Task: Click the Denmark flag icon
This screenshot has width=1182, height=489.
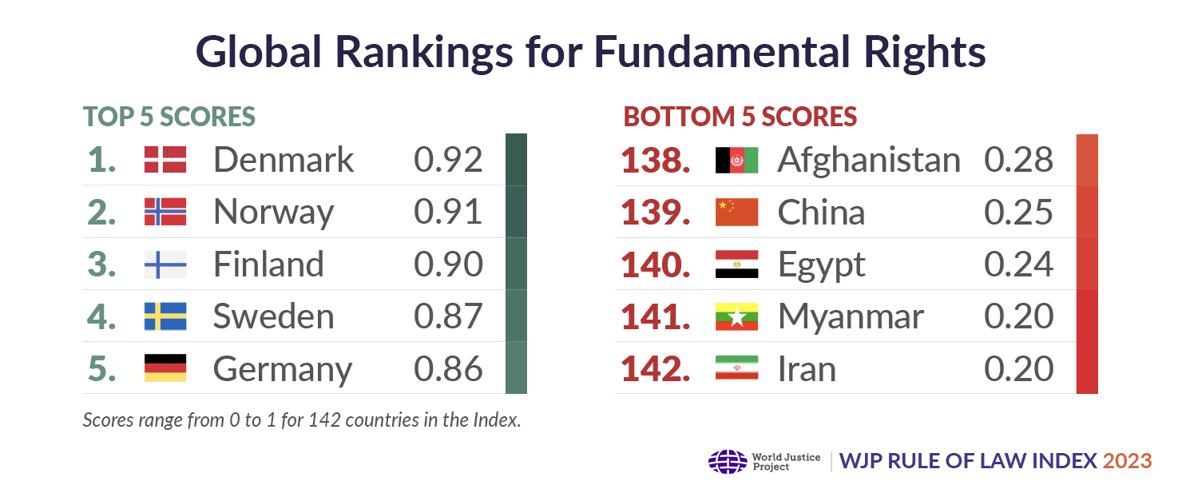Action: (x=165, y=160)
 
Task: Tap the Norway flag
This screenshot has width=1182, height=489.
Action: (x=165, y=212)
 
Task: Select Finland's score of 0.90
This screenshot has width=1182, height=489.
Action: (x=448, y=264)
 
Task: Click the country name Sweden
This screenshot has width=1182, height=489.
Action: (x=273, y=317)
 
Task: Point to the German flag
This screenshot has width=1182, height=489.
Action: (x=165, y=368)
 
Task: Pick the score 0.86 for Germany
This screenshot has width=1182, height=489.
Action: (x=448, y=369)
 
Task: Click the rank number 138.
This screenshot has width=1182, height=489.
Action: (x=656, y=161)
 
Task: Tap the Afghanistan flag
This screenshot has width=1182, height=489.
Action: (x=736, y=160)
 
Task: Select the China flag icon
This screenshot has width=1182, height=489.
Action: (x=736, y=212)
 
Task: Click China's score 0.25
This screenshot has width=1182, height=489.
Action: (x=1018, y=213)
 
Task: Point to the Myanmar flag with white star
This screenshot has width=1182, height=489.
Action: (x=736, y=317)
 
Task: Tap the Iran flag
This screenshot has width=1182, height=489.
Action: (x=736, y=368)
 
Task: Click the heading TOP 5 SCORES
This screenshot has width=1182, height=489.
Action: (x=169, y=117)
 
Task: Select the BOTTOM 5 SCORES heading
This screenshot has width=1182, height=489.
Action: (x=740, y=117)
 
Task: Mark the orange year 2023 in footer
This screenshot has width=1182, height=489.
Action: (x=1128, y=461)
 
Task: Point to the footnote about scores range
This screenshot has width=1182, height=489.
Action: (x=302, y=419)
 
